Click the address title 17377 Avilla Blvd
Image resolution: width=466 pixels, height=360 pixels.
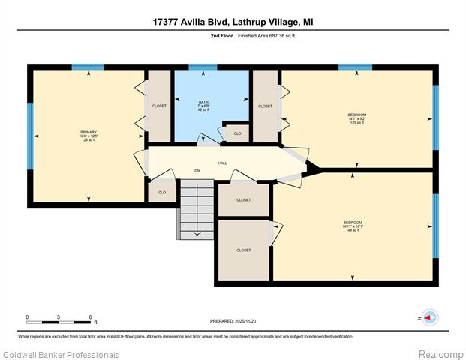coord(233,22)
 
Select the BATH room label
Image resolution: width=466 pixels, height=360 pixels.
coord(203,106)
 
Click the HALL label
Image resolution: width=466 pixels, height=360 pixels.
coord(222,163)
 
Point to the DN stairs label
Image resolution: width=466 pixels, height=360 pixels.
coord(197,171)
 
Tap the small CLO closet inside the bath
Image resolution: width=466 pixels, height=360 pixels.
coord(237,133)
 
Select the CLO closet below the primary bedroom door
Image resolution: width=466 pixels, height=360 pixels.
coord(161,192)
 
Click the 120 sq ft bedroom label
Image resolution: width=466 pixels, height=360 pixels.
coord(357,118)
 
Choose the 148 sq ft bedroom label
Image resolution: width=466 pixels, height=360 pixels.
coord(353,226)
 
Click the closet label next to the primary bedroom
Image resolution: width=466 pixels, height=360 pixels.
coord(159,106)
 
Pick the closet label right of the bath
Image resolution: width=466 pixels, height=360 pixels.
coord(265,106)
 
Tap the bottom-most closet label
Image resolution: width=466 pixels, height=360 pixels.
coord(243,250)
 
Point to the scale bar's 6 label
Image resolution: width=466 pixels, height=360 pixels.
coord(90,317)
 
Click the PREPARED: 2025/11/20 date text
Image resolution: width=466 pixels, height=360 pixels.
coord(233,321)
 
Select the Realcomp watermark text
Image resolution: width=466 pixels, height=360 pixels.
coord(440,353)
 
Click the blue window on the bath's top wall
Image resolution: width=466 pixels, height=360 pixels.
coord(202,67)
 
